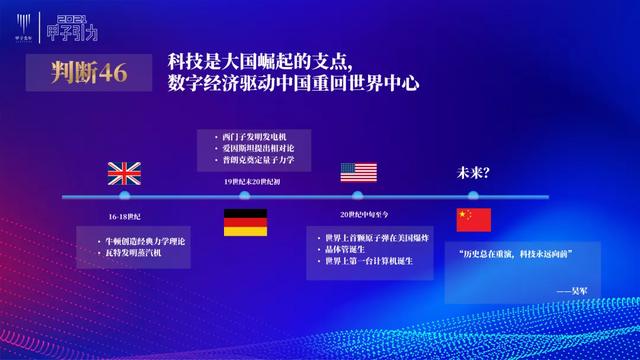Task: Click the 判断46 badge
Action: pos(88,73)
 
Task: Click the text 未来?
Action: pos(473,172)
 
